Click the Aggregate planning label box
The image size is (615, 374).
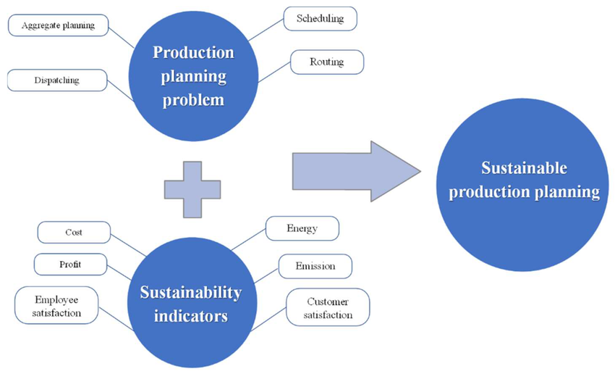59,26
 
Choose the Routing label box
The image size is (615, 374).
326,62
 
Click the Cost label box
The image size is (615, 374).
74,233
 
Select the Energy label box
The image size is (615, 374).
302,229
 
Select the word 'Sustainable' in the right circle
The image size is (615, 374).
525,168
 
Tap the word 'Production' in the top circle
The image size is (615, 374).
193,52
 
